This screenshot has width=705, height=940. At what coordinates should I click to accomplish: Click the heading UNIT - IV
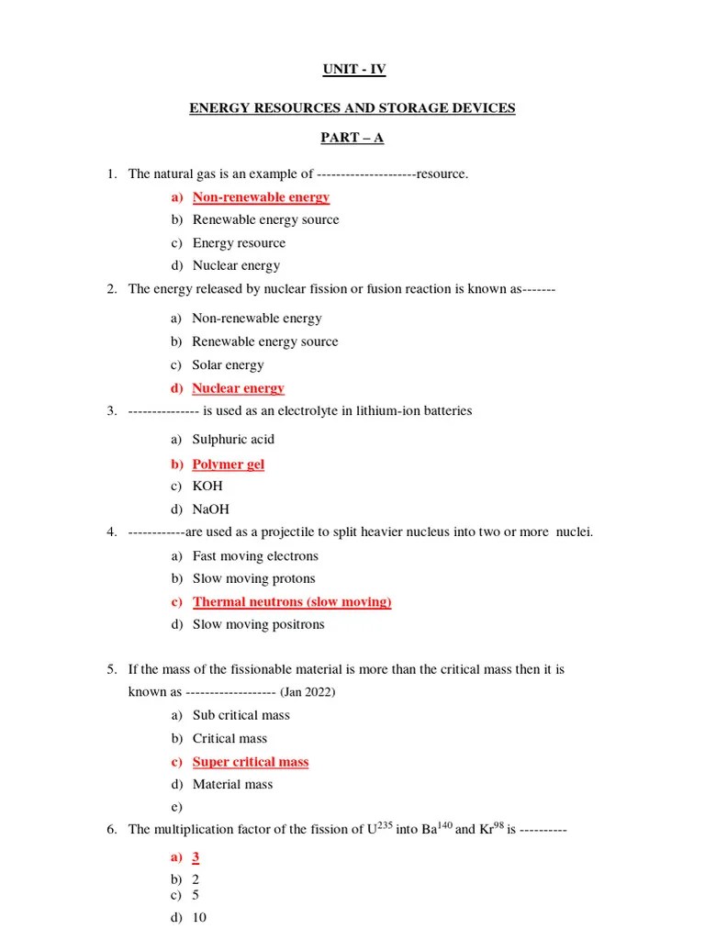352,70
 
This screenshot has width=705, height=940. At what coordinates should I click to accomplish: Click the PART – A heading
352,138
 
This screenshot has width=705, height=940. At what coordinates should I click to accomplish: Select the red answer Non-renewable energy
261,197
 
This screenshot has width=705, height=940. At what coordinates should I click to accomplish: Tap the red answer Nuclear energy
238,388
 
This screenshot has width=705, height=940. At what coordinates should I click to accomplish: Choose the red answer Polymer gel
228,464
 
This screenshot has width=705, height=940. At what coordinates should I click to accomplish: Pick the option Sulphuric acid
233,440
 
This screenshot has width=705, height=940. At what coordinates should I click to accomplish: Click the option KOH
207,487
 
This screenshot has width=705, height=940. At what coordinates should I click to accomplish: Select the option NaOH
211,509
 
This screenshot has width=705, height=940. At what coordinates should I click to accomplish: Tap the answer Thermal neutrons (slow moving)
292,602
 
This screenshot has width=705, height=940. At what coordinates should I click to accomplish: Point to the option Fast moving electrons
255,556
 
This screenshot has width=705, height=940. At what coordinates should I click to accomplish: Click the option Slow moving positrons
258,625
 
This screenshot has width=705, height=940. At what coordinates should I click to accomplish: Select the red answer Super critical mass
251,762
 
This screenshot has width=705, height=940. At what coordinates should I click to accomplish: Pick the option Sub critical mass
241,715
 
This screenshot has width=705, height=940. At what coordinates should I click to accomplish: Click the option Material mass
232,785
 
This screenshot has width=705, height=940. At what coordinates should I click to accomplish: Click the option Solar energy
228,365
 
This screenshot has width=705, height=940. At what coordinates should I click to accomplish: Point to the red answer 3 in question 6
196,857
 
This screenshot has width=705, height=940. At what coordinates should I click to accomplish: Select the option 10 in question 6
199,918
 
